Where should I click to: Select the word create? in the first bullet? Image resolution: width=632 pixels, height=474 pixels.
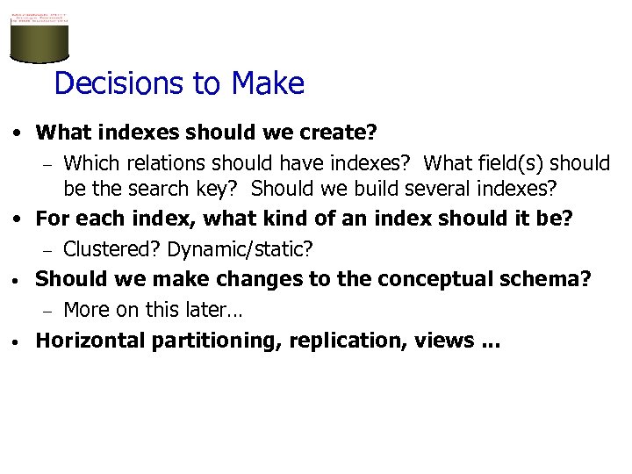pyautogui.click(x=337, y=133)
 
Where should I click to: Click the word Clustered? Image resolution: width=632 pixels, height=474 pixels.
pyautogui.click(x=112, y=249)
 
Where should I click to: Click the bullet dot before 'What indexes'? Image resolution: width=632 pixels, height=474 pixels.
pyautogui.click(x=18, y=134)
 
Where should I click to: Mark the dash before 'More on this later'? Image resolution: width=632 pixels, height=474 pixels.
pyautogui.click(x=50, y=311)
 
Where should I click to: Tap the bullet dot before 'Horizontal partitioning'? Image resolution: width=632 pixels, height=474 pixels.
pyautogui.click(x=18, y=341)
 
